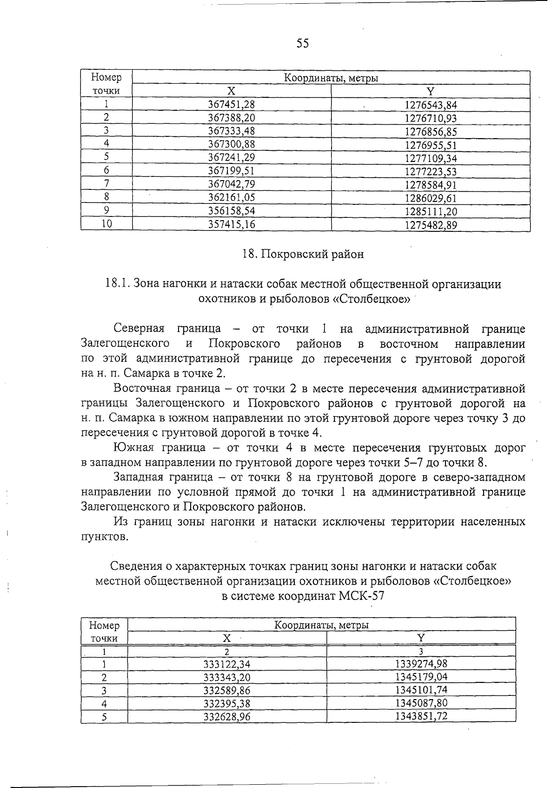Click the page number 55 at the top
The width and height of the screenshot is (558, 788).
tap(302, 44)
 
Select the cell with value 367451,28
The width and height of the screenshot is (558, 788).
tap(231, 105)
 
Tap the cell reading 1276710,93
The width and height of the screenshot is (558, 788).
tap(431, 118)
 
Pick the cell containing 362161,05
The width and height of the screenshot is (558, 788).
tap(231, 198)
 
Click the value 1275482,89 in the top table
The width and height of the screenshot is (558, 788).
tap(431, 225)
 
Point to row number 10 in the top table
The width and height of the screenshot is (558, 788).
tap(106, 224)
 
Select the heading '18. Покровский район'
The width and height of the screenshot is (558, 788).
tap(303, 254)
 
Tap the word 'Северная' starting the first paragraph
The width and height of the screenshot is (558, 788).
tap(139, 329)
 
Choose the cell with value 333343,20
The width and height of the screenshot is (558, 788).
tap(227, 677)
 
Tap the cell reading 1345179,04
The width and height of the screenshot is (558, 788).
tap(421, 677)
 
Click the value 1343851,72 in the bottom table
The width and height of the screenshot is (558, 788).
tap(421, 716)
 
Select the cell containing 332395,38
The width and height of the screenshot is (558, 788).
tap(227, 703)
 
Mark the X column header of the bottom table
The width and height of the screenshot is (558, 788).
tap(227, 638)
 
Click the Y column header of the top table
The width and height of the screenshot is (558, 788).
tap(431, 92)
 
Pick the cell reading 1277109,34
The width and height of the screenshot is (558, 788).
tap(431, 158)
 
